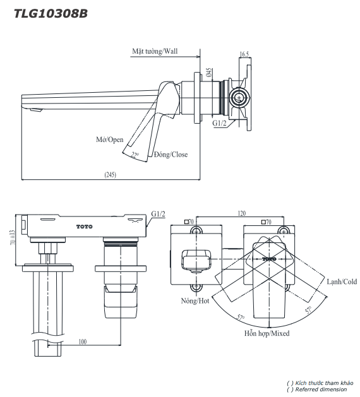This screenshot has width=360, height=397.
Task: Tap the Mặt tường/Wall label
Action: (x=155, y=51)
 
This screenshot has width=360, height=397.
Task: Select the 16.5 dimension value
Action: (x=245, y=55)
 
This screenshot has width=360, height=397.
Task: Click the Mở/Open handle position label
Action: (x=109, y=139)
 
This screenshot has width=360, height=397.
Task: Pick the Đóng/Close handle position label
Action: (x=171, y=154)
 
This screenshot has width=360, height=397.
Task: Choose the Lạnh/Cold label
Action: (x=341, y=281)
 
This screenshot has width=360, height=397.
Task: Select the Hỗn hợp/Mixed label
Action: (x=267, y=333)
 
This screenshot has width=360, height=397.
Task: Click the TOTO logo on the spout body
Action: (x=84, y=226)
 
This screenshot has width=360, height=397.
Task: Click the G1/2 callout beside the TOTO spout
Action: (x=158, y=215)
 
